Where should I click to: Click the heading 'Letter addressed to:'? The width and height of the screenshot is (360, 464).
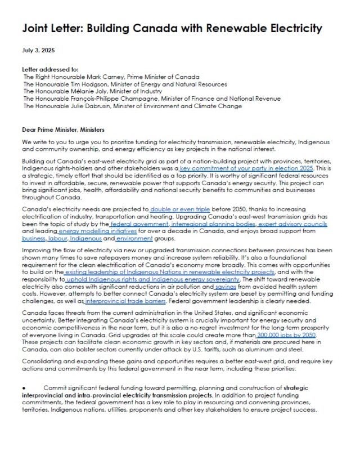click(47, 70)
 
